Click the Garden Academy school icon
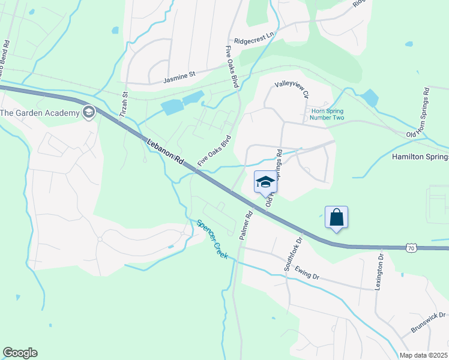pyautogui.click(x=89, y=112)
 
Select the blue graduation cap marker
pyautogui.click(x=265, y=181)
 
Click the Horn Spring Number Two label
pyautogui.click(x=327, y=114)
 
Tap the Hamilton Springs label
pyautogui.click(x=420, y=157)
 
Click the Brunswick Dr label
pyautogui.click(x=428, y=322)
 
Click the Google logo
pyautogui.click(x=20, y=353)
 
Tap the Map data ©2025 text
pyautogui.click(x=424, y=355)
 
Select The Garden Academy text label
pyautogui.click(x=40, y=113)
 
